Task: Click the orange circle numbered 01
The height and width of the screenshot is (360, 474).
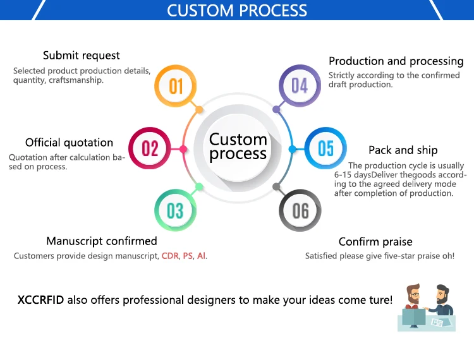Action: point(176,86)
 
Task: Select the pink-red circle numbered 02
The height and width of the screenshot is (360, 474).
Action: point(150,148)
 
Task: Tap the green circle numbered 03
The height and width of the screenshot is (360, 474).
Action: point(176,211)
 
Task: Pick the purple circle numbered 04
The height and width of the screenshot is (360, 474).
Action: point(300,86)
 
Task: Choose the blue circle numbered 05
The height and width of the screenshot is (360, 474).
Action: point(325,148)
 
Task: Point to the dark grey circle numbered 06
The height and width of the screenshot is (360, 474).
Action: point(300,210)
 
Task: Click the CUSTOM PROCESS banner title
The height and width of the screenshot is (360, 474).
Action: point(237,11)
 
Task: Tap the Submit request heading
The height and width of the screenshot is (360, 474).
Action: point(82,56)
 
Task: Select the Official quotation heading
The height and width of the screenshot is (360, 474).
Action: point(69,143)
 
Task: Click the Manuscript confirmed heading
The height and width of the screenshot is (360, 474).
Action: point(102,241)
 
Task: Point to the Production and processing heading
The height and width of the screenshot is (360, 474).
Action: point(396,61)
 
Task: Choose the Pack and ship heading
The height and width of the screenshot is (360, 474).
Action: point(403,150)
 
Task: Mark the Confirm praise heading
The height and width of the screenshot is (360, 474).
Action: point(375,242)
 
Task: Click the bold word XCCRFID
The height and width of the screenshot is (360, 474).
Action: point(41,300)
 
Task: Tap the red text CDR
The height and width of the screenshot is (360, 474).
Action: point(170,256)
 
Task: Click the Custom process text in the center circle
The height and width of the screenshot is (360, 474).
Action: point(238,147)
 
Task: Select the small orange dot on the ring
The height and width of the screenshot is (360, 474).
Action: point(199,110)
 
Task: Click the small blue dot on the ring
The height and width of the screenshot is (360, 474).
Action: point(293,149)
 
